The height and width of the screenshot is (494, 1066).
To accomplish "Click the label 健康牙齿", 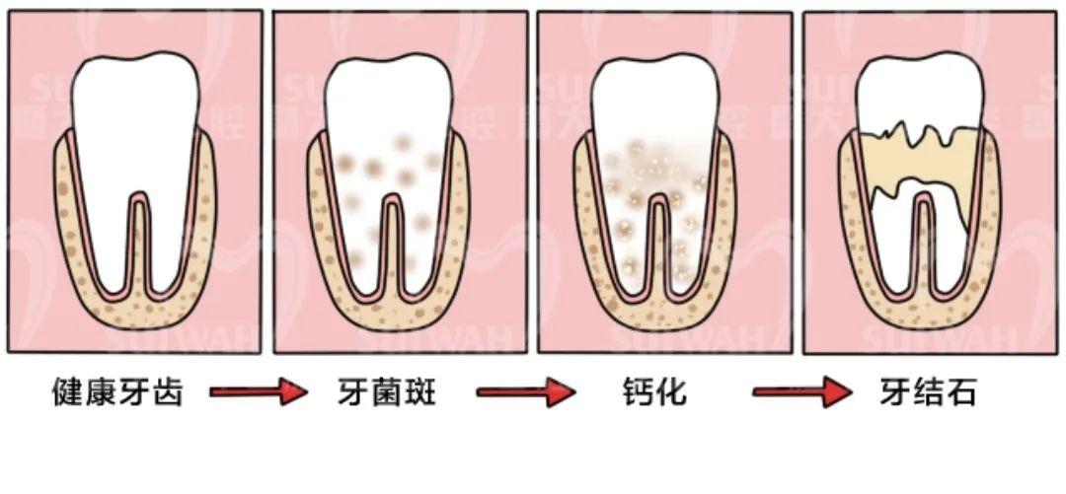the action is tap(117, 392).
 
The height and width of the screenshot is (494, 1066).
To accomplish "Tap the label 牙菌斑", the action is tap(386, 392).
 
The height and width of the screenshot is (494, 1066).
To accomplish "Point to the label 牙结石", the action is tap(927, 392).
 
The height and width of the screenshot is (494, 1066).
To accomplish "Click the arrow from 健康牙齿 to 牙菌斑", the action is tap(259, 392).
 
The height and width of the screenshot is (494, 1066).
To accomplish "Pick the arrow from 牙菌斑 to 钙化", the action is tap(526, 392).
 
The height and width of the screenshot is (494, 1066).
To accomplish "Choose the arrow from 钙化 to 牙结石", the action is tap(802, 392).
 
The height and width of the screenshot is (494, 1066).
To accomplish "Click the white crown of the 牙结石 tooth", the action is tap(919, 92).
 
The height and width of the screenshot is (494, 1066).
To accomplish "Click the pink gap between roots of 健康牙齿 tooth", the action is tap(139, 245).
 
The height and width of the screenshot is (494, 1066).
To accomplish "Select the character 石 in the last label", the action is tap(961, 392).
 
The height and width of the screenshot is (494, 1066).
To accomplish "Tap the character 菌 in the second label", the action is tap(386, 392).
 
